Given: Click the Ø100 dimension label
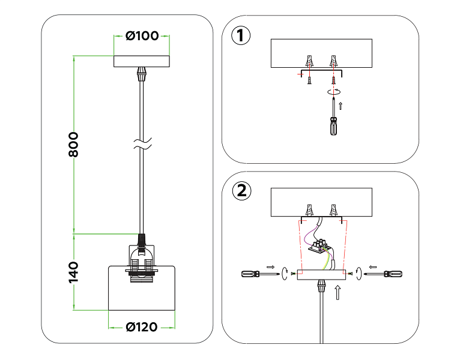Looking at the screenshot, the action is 142,36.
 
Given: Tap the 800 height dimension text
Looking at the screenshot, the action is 73,145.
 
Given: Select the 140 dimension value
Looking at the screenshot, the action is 73,272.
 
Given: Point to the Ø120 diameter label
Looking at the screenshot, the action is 142,327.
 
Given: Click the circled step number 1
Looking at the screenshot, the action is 241,36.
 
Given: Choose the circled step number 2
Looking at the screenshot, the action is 242,191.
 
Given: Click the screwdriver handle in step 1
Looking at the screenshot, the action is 334,126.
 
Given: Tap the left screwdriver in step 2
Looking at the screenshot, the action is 260,274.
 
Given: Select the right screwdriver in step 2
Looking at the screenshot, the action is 383,274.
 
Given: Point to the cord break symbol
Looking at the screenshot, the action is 142,143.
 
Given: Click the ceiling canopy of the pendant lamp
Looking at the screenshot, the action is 142,61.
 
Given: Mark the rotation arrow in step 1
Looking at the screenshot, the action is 334,92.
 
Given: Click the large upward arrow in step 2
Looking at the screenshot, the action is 338,293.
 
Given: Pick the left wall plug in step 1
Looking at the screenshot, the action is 309,61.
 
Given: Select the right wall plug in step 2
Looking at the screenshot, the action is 333,210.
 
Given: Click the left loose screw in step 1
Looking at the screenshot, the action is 309,80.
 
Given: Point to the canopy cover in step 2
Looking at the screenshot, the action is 321,275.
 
